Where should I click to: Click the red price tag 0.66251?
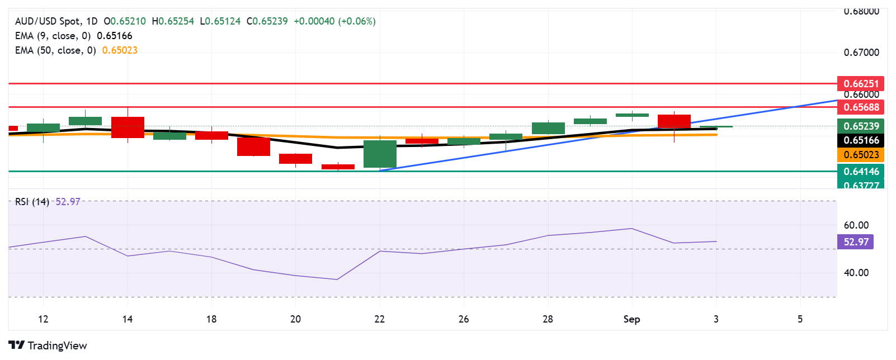point(861,84)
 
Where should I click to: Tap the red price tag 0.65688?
point(861,107)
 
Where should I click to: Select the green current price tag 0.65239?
point(861,126)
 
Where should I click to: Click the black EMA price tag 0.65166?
point(861,140)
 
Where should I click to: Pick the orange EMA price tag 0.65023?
point(861,155)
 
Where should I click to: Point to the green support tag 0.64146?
point(861,171)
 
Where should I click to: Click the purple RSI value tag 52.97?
point(856,241)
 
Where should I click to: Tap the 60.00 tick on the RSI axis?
point(856,225)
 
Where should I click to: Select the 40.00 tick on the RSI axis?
point(856,273)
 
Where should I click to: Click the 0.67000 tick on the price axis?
point(861,53)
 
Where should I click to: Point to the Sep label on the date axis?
point(631,319)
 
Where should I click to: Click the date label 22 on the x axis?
point(380,319)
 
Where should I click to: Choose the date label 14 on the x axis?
point(128,319)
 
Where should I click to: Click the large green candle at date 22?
point(380,154)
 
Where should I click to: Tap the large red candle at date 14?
point(128,127)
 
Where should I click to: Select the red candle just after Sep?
point(674,121)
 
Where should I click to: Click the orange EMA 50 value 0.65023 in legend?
point(120,50)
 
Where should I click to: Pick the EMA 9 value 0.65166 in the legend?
point(115,36)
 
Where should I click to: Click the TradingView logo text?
point(57,345)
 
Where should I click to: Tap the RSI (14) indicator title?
point(32,202)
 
